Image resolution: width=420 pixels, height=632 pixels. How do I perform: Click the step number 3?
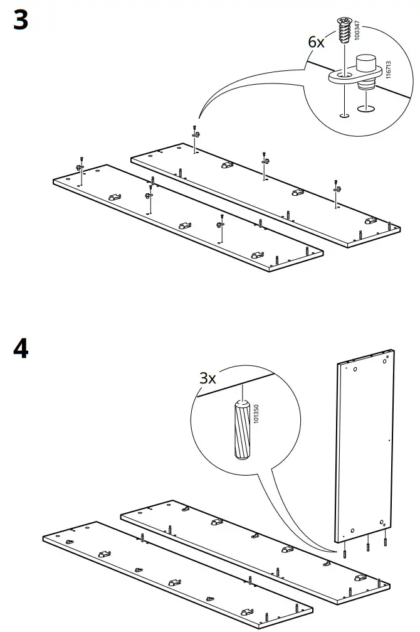point(21,21)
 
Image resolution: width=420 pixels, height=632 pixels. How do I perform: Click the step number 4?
point(21,348)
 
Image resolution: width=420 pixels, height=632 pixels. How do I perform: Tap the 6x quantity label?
point(317,43)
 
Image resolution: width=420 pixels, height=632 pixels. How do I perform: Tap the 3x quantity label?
point(207,378)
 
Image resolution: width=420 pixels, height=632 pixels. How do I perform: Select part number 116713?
point(388,70)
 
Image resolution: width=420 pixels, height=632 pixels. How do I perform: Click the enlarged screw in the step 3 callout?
point(343,31)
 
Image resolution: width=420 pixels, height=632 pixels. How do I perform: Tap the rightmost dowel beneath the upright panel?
point(386,542)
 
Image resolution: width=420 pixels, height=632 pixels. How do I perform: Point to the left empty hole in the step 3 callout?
point(343,115)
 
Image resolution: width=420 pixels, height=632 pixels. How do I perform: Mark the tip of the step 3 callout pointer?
point(197,119)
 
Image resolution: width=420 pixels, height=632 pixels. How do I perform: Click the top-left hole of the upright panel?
point(355,370)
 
